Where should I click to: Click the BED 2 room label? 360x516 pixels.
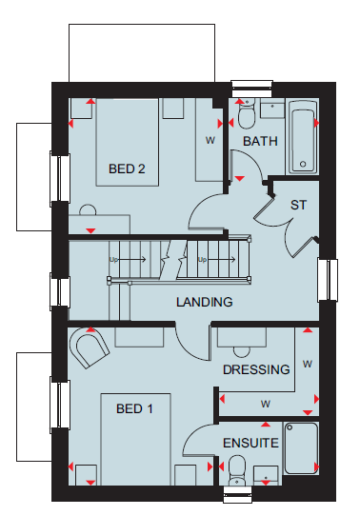pyautogui.click(x=127, y=169)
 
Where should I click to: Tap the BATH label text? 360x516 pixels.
pyautogui.click(x=260, y=141)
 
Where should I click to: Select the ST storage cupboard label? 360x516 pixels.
pyautogui.click(x=298, y=205)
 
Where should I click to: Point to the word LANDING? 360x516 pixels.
pyautogui.click(x=205, y=302)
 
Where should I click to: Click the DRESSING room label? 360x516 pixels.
pyautogui.click(x=256, y=369)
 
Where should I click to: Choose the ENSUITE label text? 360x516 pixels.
pyautogui.click(x=250, y=443)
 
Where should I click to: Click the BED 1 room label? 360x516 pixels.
pyautogui.click(x=134, y=408)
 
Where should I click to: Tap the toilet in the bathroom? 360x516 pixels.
pyautogui.click(x=247, y=114)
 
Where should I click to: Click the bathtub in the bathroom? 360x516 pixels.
pyautogui.click(x=303, y=137)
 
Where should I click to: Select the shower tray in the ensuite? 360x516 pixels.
pyautogui.click(x=301, y=448)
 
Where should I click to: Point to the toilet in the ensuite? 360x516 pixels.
pyautogui.click(x=237, y=470)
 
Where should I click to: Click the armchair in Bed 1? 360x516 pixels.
pyautogui.click(x=90, y=347)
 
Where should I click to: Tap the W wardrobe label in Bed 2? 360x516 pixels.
pyautogui.click(x=210, y=141)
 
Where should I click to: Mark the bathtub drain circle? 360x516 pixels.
pyautogui.click(x=303, y=164)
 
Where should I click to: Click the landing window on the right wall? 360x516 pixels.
pyautogui.click(x=328, y=280)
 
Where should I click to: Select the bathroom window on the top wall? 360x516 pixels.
pyautogui.click(x=252, y=89)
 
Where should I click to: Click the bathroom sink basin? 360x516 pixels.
pyautogui.click(x=272, y=109)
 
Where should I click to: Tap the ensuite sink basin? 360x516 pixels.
pyautogui.click(x=266, y=475)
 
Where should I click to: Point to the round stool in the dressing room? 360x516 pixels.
pyautogui.click(x=242, y=352)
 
